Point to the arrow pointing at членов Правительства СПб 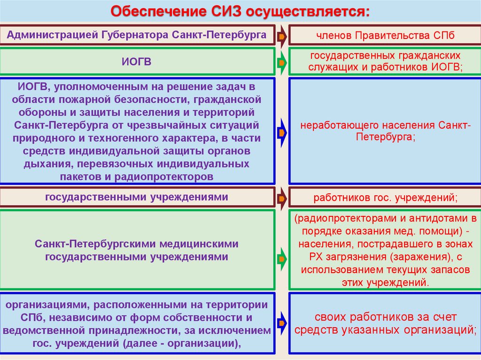[x=282, y=37]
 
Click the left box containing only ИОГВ [x=137, y=61]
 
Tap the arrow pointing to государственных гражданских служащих [x=282, y=63]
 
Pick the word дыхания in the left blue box [x=48, y=164]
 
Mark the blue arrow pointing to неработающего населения [x=282, y=132]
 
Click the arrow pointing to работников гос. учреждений [x=282, y=199]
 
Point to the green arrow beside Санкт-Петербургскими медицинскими [x=282, y=259]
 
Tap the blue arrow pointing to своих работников [x=282, y=323]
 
